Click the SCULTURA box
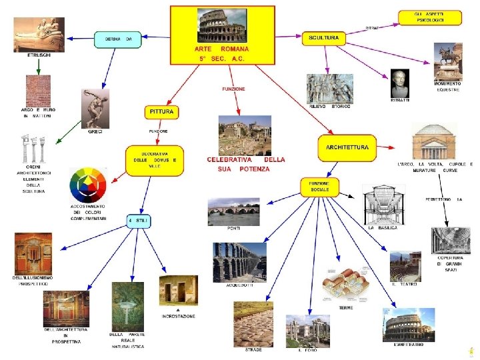pyautogui.click(x=324, y=39)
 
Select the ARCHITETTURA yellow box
pyautogui.click(x=347, y=147)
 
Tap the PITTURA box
pyautogui.click(x=161, y=112)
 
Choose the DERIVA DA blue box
pyautogui.click(x=118, y=40)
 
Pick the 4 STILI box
pyautogui.click(x=139, y=221)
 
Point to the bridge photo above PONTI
pyautogui.click(x=233, y=211)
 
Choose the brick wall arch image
pyautogui.click(x=38, y=91)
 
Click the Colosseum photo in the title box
pyautogui.click(x=222, y=27)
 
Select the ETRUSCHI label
pyautogui.click(x=39, y=55)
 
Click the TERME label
pyautogui.click(x=346, y=307)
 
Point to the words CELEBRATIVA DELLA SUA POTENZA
pyautogui.click(x=246, y=165)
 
